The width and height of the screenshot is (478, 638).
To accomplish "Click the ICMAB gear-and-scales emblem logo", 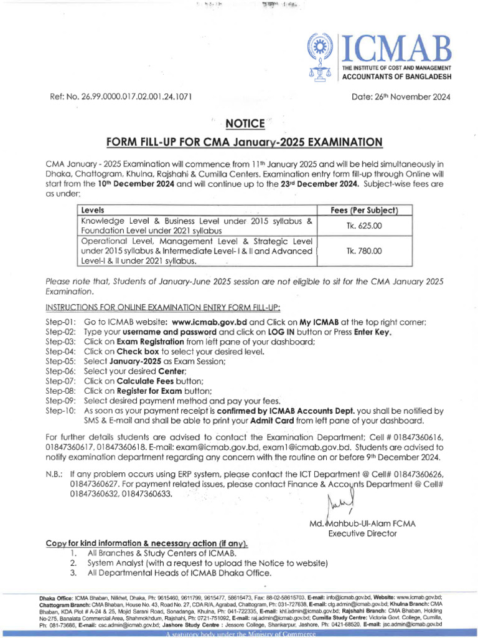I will click(x=322, y=57).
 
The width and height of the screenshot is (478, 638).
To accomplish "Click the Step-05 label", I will click(x=60, y=361).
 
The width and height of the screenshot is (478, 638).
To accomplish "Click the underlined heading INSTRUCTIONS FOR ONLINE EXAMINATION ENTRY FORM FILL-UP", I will click(x=163, y=307).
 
